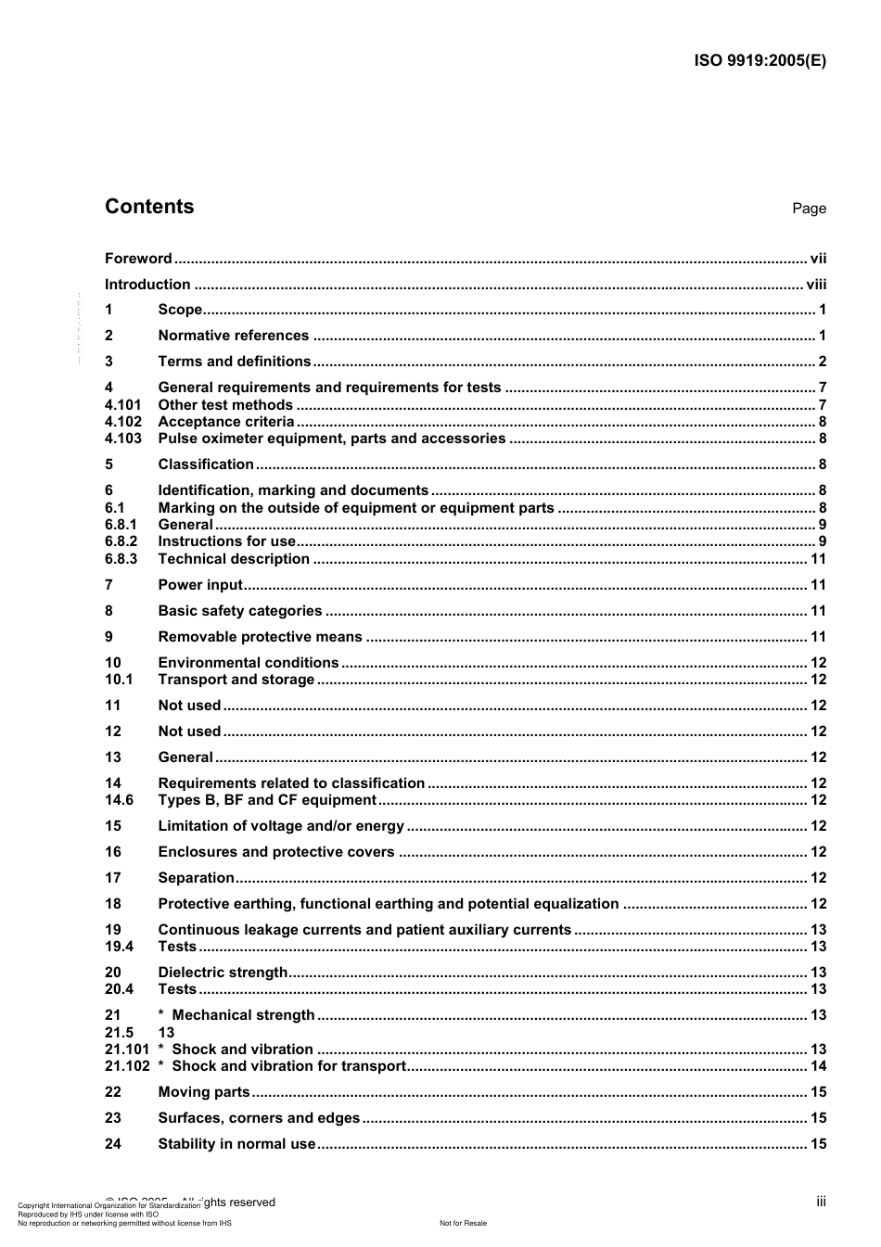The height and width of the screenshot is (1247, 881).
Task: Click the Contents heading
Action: (x=149, y=207)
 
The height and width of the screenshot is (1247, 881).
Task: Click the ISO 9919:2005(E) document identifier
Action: (x=760, y=61)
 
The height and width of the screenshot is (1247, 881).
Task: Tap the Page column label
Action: (x=809, y=209)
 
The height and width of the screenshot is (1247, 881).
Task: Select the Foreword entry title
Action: (x=138, y=259)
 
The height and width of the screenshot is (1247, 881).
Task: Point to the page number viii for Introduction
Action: (x=816, y=285)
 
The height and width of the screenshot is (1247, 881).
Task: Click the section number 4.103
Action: (x=123, y=439)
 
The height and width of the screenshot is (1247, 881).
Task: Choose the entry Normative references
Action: (x=234, y=336)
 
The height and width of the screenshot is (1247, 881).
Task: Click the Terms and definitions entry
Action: (x=235, y=362)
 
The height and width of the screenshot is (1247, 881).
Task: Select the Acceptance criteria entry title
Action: (x=226, y=422)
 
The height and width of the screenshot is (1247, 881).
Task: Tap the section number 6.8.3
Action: (x=121, y=559)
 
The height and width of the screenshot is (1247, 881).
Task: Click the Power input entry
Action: (x=200, y=585)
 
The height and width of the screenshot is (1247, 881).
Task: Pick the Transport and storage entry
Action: (x=236, y=680)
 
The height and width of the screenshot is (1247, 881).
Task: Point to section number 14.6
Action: (x=120, y=800)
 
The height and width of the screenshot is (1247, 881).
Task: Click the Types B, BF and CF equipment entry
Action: (x=267, y=800)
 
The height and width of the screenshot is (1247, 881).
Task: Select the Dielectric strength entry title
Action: (x=223, y=973)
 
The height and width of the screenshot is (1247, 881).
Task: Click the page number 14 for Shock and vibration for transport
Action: (x=818, y=1066)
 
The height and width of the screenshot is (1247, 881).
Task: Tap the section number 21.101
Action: (x=127, y=1050)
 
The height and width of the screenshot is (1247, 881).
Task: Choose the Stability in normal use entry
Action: (x=237, y=1144)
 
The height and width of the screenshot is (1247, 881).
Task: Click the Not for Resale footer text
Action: (x=463, y=1223)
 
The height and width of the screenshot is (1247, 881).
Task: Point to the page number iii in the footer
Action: (x=821, y=1202)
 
